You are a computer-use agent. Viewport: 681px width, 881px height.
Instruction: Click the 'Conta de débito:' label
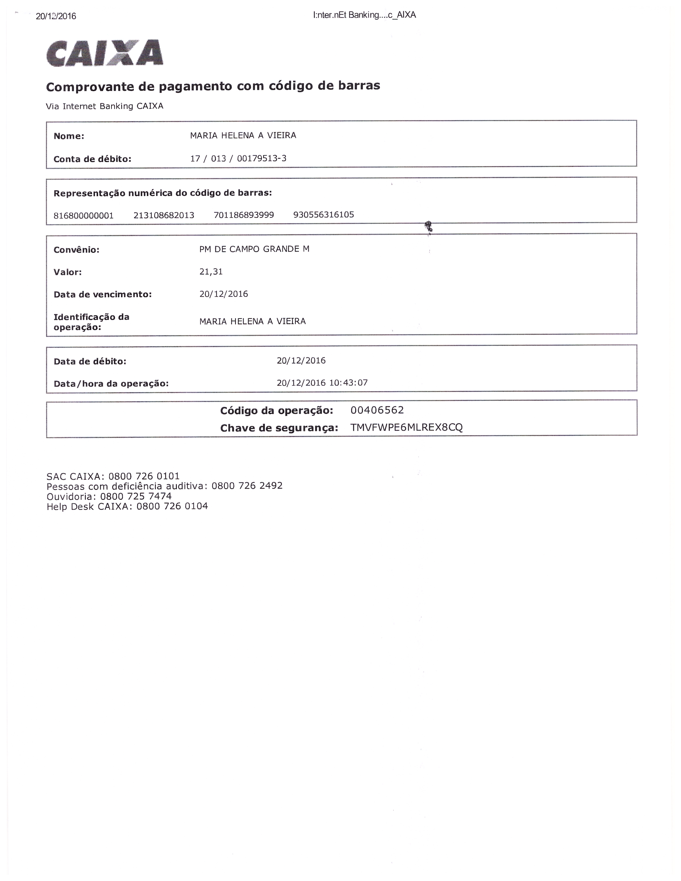(92, 159)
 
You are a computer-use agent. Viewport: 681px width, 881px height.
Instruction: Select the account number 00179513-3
(261, 158)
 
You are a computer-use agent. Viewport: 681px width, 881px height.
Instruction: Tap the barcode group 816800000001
(84, 215)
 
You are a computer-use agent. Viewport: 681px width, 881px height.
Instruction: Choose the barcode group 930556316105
(324, 215)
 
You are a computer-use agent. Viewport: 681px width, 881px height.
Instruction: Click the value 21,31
(211, 272)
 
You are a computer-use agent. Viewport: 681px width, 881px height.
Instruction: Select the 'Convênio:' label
(76, 250)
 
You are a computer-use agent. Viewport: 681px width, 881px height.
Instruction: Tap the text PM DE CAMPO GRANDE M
(254, 249)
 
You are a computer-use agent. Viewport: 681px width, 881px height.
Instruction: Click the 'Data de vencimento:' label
(103, 294)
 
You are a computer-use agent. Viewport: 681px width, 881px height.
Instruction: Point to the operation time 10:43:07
(349, 382)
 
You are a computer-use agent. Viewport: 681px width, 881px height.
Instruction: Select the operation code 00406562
(377, 410)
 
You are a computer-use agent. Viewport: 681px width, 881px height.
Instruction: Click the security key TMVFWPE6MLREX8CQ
(406, 428)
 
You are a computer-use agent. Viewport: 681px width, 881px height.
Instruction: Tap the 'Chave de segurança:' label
(279, 428)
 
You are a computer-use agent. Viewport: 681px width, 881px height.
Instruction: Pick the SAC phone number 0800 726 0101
(144, 476)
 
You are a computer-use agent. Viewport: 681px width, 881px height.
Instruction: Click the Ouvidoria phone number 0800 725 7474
(136, 496)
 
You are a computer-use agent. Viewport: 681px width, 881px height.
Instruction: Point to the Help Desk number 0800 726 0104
(172, 506)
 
